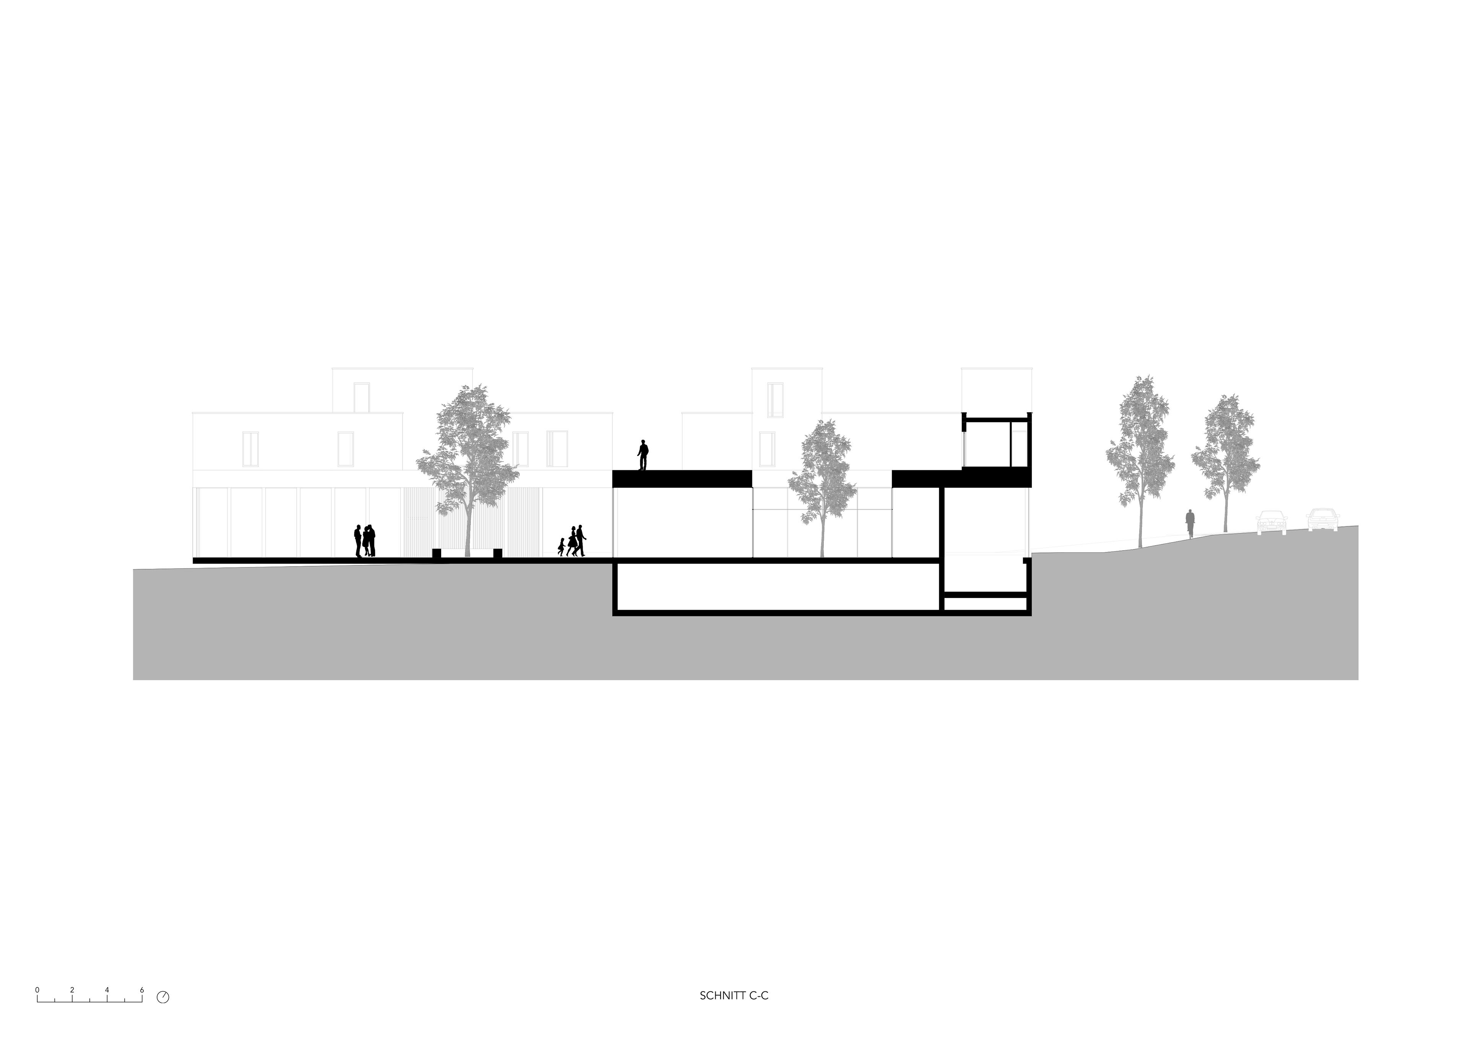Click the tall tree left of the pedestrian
[x=1140, y=448]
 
